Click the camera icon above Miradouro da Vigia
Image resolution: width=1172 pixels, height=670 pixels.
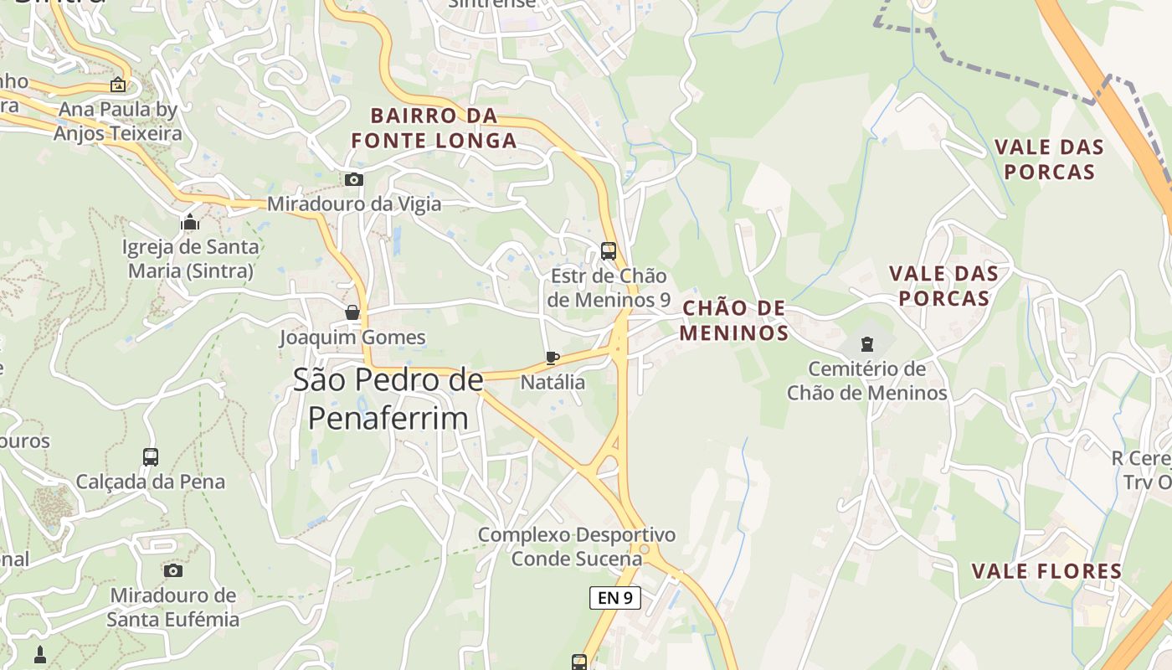point(354,179)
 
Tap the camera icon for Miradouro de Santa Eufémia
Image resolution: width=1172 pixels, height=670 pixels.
point(173,571)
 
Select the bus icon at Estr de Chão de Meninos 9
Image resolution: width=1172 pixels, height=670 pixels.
point(609,250)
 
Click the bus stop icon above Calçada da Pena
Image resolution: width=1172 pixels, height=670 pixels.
point(151,457)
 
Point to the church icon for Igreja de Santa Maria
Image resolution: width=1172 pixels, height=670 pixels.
point(190,223)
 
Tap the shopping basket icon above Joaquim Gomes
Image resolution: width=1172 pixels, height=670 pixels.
point(353,312)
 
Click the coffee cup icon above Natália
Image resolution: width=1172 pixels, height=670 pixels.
point(553,358)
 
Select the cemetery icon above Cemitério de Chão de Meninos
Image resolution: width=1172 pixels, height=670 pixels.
point(866,343)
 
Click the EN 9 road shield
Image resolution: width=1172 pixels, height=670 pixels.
point(615,597)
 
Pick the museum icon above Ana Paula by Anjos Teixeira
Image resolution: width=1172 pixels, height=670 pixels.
point(118,85)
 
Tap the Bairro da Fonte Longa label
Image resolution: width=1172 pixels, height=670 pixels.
point(434,128)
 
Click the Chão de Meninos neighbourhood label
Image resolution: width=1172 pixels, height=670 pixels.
point(734,321)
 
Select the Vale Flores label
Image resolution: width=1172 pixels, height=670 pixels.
point(1046,571)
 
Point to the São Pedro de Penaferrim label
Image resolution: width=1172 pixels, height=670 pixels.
point(388,399)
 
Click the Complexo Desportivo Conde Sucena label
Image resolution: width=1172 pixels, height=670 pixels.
point(576,546)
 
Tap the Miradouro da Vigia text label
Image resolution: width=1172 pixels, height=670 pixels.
point(353,204)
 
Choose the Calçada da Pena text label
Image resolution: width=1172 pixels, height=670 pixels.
point(151,482)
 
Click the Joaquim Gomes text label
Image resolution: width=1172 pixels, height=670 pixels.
point(352,338)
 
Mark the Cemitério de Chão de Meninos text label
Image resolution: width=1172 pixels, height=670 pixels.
point(866,381)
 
